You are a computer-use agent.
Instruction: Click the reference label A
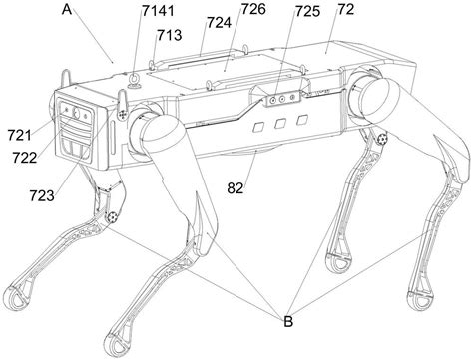[x=66, y=11]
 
